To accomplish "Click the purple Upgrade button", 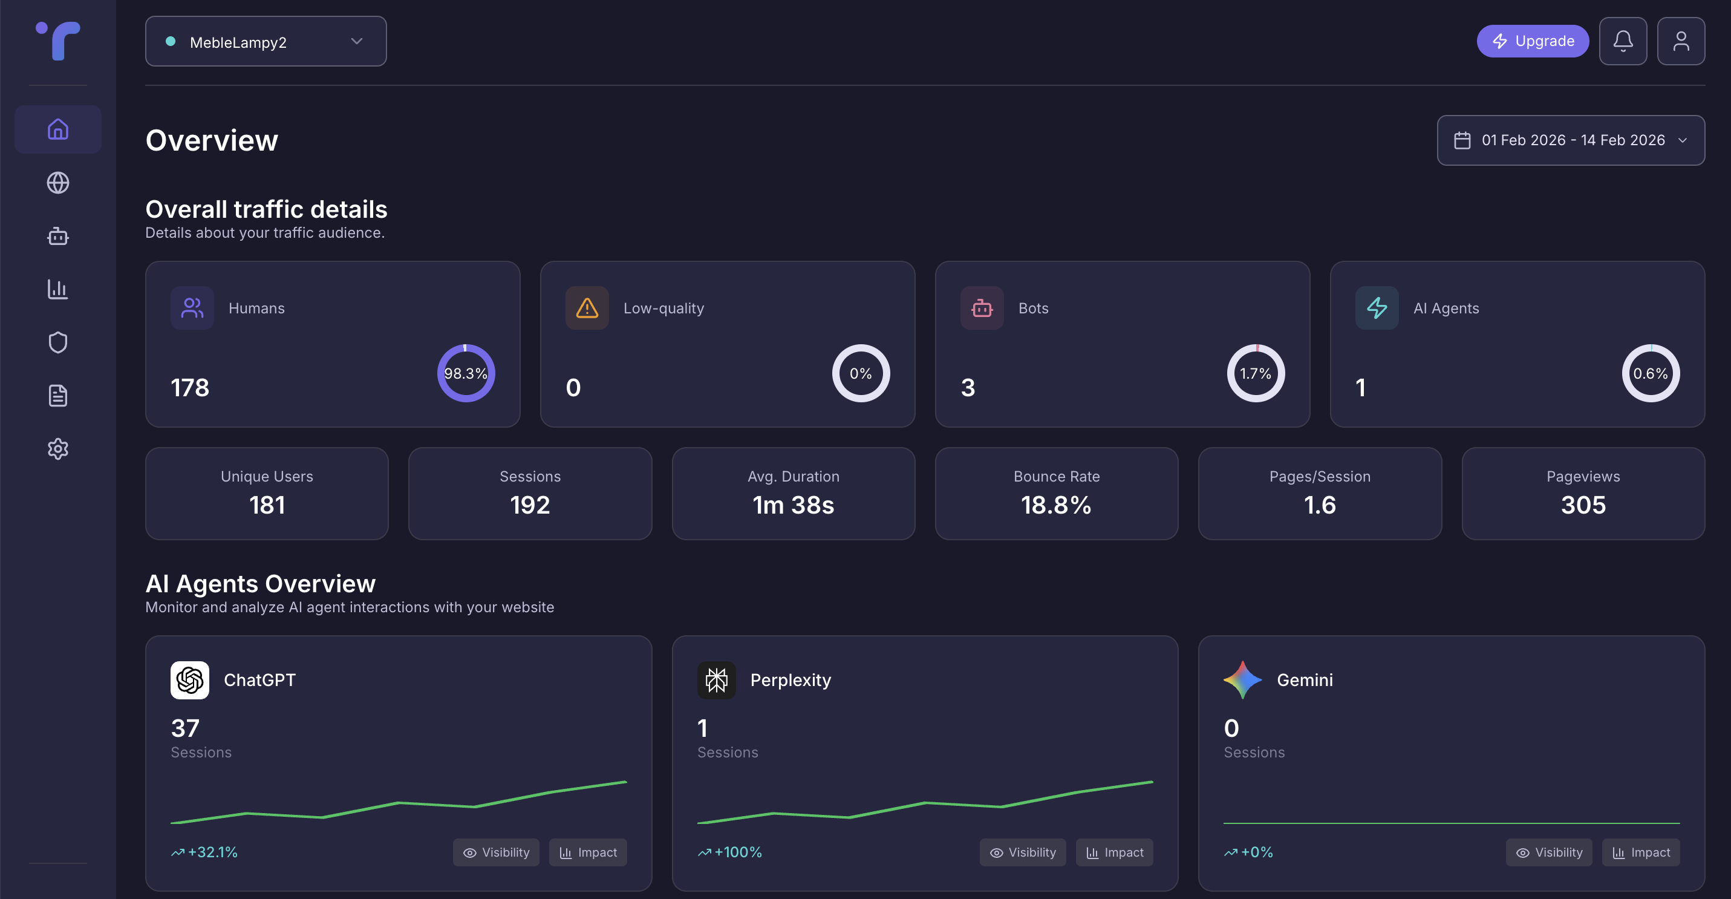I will (x=1532, y=41).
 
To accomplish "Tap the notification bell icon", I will (x=1623, y=41).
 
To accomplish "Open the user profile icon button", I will (x=1681, y=41).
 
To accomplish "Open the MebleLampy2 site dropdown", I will (x=266, y=42).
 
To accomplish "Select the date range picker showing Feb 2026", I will (x=1570, y=140).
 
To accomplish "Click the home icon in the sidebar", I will (x=58, y=129).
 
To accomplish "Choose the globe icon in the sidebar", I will (x=58, y=183).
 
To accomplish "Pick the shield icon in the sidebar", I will (x=58, y=342).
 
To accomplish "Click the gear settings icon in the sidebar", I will (x=58, y=449).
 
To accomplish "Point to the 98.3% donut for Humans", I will (x=466, y=374).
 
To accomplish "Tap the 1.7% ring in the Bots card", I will (x=1255, y=374).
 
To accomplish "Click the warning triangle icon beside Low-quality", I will (x=587, y=309).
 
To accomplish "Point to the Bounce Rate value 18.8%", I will (x=1055, y=505).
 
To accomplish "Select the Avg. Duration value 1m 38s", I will (x=793, y=505).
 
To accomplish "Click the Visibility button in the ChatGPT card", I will (x=496, y=852).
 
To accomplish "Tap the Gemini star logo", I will (x=1242, y=680).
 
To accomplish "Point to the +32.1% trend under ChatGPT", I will (x=205, y=852).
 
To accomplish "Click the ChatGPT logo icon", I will (x=189, y=680).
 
